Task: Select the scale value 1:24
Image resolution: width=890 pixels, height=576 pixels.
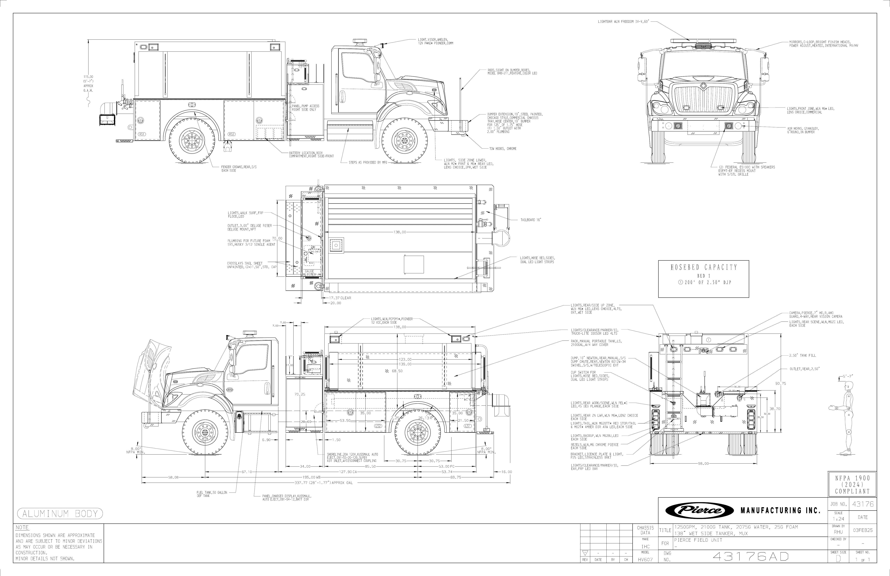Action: pos(838,519)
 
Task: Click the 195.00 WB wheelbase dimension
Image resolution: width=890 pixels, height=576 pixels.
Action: pos(313,477)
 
